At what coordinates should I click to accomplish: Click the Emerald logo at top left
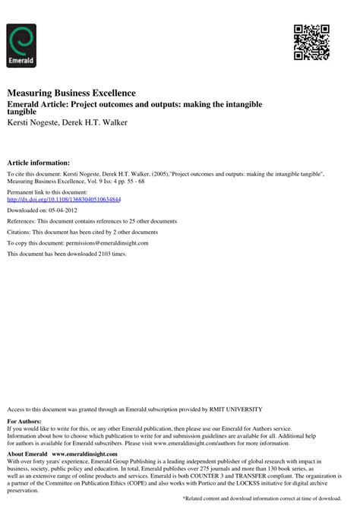coord(21,45)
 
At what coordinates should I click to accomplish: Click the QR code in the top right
coord(311,42)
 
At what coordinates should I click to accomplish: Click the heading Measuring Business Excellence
coord(71,93)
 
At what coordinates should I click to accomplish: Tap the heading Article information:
coord(39,163)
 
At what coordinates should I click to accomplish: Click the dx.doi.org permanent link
coord(65,200)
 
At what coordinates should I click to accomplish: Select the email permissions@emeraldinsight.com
coord(100,242)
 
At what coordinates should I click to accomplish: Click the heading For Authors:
coord(24,421)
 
